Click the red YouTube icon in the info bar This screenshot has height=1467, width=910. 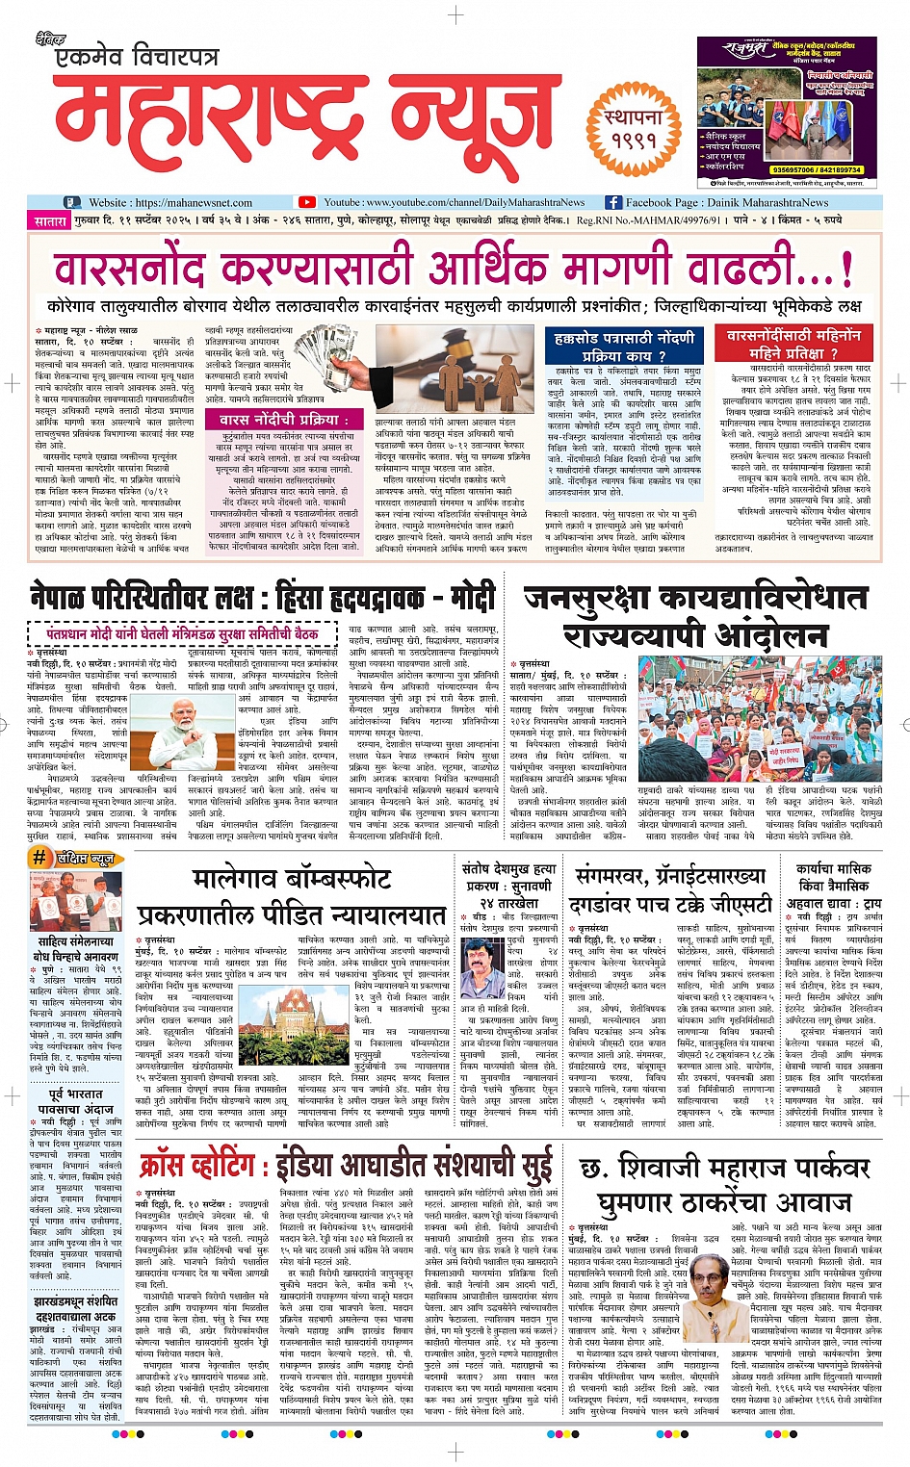[307, 202]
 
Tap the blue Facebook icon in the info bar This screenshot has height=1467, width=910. [612, 202]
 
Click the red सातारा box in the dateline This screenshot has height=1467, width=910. [50, 220]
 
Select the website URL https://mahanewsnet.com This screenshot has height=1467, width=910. [170, 203]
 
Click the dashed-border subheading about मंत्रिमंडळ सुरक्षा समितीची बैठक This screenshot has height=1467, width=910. [183, 634]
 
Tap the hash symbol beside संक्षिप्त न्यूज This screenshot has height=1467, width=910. [39, 858]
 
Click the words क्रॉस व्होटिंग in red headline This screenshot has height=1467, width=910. [201, 1166]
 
